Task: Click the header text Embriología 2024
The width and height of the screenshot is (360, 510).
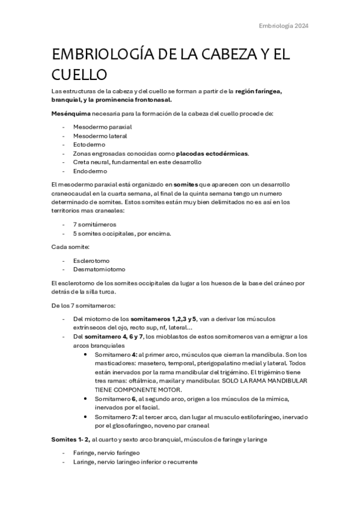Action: click(x=283, y=26)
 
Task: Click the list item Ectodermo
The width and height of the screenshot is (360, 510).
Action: click(x=89, y=144)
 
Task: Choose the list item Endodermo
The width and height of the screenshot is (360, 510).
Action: click(x=90, y=171)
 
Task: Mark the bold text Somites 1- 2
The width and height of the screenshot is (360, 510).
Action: click(x=70, y=440)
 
